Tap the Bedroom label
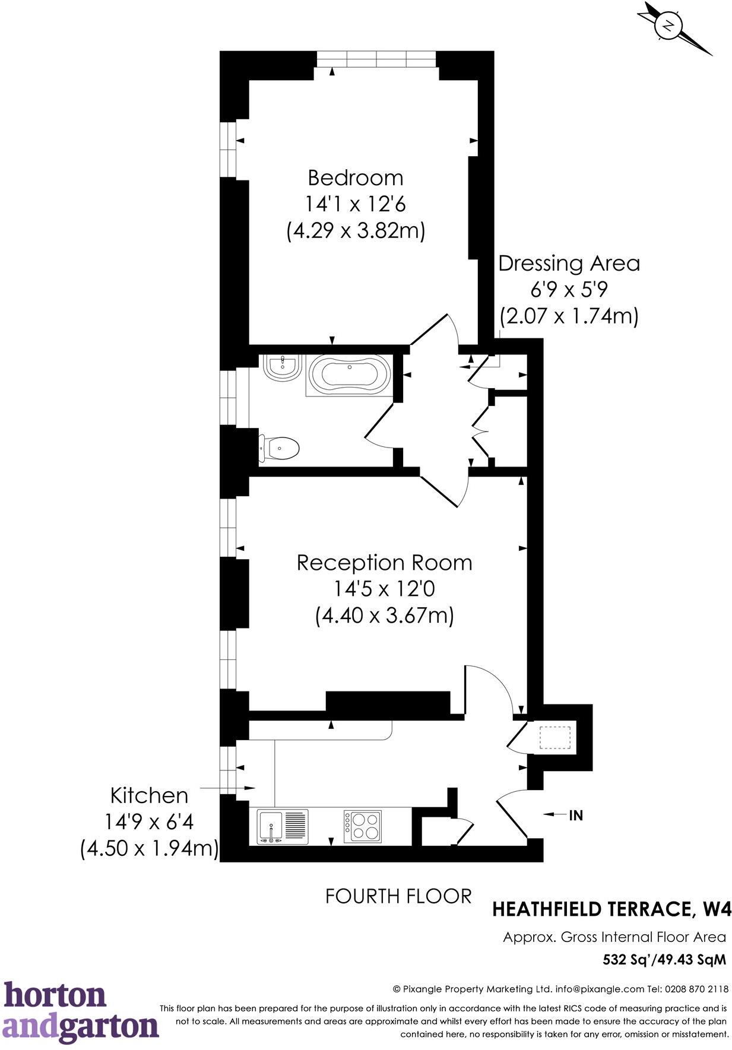tap(356, 177)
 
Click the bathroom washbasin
tap(283, 368)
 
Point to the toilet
tap(278, 448)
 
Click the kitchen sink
tap(283, 827)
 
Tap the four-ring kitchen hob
tap(362, 826)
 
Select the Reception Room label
tap(385, 562)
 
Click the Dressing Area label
tap(569, 263)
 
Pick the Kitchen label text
tap(149, 795)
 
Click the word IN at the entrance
tap(576, 816)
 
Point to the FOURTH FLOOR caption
tap(398, 896)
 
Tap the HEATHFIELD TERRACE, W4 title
tap(612, 909)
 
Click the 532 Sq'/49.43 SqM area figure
tap(664, 959)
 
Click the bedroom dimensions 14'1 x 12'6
tap(356, 204)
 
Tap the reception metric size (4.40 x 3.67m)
tap(385, 615)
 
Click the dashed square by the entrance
tap(555, 737)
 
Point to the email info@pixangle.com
tap(600, 989)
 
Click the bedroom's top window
tap(376, 59)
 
